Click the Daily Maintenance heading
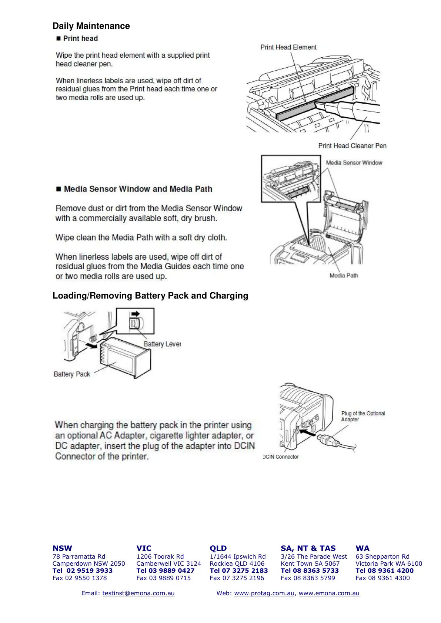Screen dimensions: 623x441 coord(91,26)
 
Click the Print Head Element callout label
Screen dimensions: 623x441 coord(288,47)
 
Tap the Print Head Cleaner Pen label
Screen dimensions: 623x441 coord(352,146)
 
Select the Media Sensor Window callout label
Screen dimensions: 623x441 coord(354,163)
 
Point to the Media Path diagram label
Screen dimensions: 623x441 coord(344,276)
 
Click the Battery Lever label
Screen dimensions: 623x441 coord(162,344)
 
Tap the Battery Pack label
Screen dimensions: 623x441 coord(72,374)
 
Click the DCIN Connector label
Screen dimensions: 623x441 coord(281,457)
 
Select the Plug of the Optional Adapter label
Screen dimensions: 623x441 coord(363,417)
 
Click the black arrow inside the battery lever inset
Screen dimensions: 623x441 coord(136,314)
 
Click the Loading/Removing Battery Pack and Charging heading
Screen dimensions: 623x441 coord(150,296)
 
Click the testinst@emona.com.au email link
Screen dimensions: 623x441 coord(138,593)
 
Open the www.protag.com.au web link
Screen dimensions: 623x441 coord(264,593)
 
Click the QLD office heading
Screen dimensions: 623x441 coord(218,548)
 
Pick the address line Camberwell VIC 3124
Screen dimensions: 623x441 coord(168,563)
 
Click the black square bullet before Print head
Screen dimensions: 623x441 coord(58,38)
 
